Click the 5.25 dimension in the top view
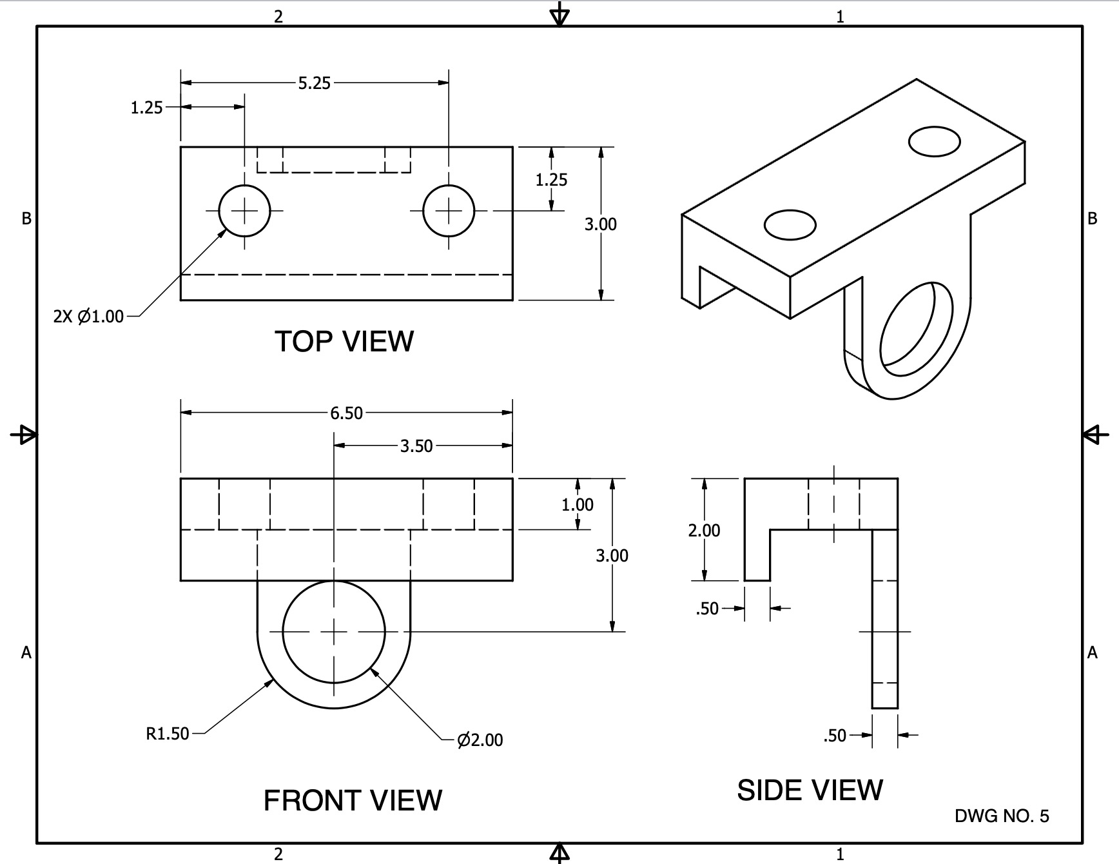[314, 83]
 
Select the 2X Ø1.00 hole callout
[88, 317]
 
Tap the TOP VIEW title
[344, 341]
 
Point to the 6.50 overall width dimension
[346, 413]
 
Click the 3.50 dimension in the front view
[416, 446]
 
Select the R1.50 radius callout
[168, 734]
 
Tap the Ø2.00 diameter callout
[480, 740]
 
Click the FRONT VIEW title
[353, 800]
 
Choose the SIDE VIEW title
[810, 790]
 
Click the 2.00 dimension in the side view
[704, 531]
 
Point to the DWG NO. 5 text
[1002, 816]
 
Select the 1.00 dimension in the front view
[577, 505]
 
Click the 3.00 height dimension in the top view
[600, 224]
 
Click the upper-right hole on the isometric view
[934, 141]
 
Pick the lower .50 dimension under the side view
[835, 736]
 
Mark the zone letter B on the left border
[26, 219]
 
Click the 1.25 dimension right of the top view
[551, 180]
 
